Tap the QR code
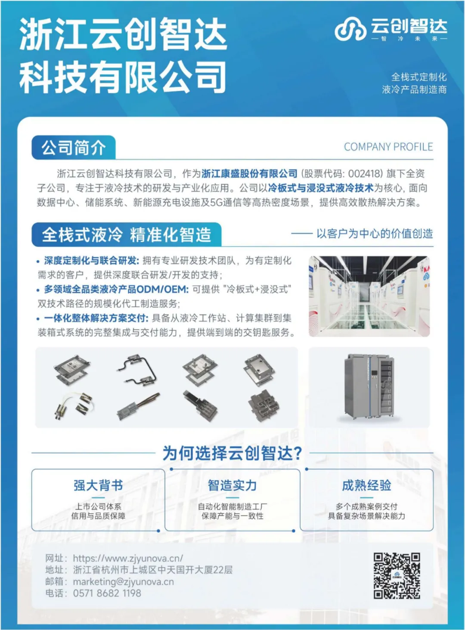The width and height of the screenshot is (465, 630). click(397, 576)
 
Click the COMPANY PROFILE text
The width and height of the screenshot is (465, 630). click(388, 147)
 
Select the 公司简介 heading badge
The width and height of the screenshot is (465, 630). click(74, 147)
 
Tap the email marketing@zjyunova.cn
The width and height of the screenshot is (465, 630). click(123, 582)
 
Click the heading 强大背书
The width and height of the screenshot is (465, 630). click(98, 485)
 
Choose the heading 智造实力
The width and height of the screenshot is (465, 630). click(232, 485)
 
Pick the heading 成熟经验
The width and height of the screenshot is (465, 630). click(366, 485)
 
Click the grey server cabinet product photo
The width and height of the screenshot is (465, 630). click(369, 387)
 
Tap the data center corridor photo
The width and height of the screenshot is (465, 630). click(369, 296)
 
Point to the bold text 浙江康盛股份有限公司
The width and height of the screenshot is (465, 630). click(249, 173)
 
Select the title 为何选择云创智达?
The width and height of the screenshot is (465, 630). click(232, 453)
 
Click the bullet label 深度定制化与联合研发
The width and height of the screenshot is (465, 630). click(90, 261)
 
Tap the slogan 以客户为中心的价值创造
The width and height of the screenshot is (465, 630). click(375, 234)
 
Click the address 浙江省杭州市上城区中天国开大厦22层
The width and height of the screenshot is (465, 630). click(153, 570)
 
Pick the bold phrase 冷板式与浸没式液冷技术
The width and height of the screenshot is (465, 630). click(321, 188)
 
